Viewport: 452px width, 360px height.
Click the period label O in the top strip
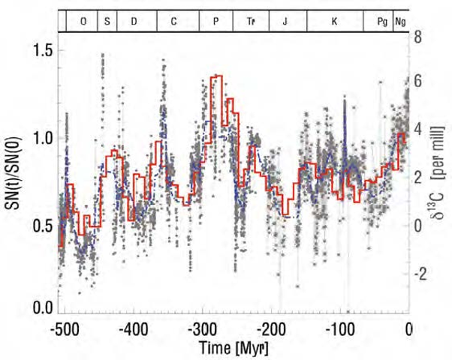(83, 20)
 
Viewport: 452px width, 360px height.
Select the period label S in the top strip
(107, 20)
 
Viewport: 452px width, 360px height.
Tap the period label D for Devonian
(134, 20)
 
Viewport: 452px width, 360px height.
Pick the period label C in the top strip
(173, 20)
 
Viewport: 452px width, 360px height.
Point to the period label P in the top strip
(216, 20)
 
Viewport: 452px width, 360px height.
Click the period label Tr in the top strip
(251, 20)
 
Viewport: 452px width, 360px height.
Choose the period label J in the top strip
(285, 20)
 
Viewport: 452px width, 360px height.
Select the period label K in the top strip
(334, 20)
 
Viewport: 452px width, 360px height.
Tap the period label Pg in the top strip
(381, 20)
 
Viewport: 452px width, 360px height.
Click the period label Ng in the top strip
(401, 20)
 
